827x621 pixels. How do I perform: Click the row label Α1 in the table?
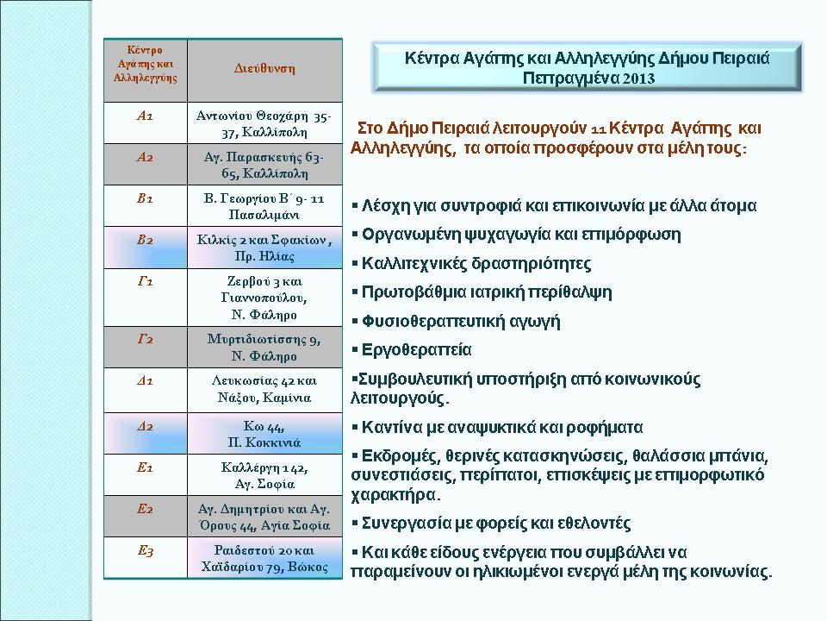[x=145, y=115]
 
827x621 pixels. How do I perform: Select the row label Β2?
[x=145, y=240]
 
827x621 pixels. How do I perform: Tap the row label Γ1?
[x=145, y=282]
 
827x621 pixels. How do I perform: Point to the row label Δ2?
[x=145, y=426]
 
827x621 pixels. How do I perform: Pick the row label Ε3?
[x=145, y=550]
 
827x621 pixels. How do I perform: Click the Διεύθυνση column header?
[x=264, y=69]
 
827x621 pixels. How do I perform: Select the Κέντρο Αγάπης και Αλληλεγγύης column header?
[x=145, y=63]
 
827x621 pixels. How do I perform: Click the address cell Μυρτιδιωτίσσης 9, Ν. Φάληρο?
[x=264, y=348]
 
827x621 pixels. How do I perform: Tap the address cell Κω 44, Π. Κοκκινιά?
[x=264, y=434]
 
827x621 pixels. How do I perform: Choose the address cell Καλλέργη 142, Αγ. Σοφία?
[x=264, y=475]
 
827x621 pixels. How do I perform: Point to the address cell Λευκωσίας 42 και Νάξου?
[x=264, y=389]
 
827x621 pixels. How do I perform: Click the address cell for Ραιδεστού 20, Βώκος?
[x=264, y=558]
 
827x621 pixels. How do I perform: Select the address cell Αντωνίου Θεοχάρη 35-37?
[x=264, y=123]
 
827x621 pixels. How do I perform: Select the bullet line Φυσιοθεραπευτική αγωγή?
[x=460, y=322]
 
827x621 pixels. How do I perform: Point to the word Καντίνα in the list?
[x=392, y=428]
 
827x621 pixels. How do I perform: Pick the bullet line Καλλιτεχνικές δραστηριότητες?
[x=476, y=263]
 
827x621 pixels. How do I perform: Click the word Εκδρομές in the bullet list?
[x=397, y=455]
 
